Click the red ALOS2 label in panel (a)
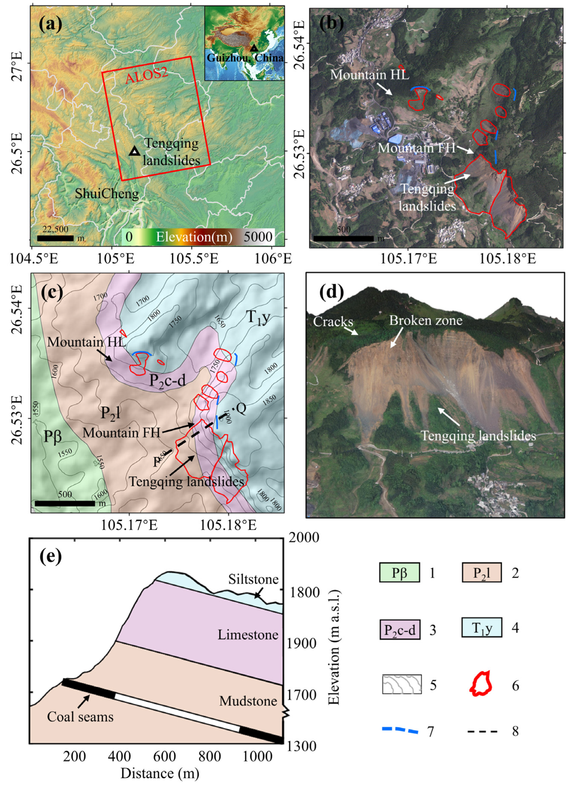[146, 76]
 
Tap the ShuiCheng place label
[107, 193]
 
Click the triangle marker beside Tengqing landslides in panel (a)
[135, 151]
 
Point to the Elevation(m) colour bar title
[194, 237]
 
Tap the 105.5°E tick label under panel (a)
[194, 259]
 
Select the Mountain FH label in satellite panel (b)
[416, 148]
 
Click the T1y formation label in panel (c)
[259, 317]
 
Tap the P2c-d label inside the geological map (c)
[167, 380]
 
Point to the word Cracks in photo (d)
[333, 322]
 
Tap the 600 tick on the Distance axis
[165, 757]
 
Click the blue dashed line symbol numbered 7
[400, 730]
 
